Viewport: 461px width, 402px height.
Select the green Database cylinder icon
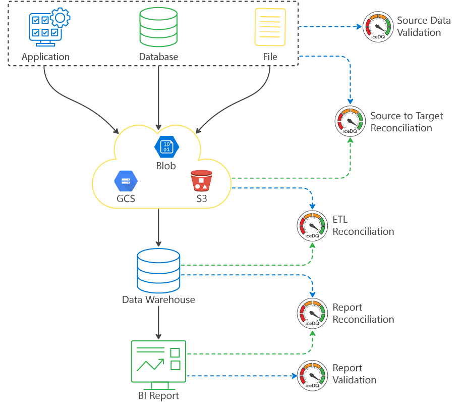coord(158,27)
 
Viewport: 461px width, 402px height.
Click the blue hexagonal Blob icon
coord(166,146)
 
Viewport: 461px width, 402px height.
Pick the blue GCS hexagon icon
coord(126,180)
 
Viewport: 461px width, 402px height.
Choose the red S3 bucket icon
coord(201,180)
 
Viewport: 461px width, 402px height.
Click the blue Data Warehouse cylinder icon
coord(158,271)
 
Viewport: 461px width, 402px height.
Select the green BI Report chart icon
coord(158,362)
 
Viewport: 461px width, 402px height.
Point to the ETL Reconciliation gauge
coord(312,225)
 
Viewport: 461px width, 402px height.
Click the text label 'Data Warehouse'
coord(158,300)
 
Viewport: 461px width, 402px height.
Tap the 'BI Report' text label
coord(158,395)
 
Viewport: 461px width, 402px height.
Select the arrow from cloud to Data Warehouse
coord(158,227)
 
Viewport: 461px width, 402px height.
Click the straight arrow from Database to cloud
coord(159,98)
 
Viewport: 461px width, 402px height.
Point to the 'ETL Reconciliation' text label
coord(363,226)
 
